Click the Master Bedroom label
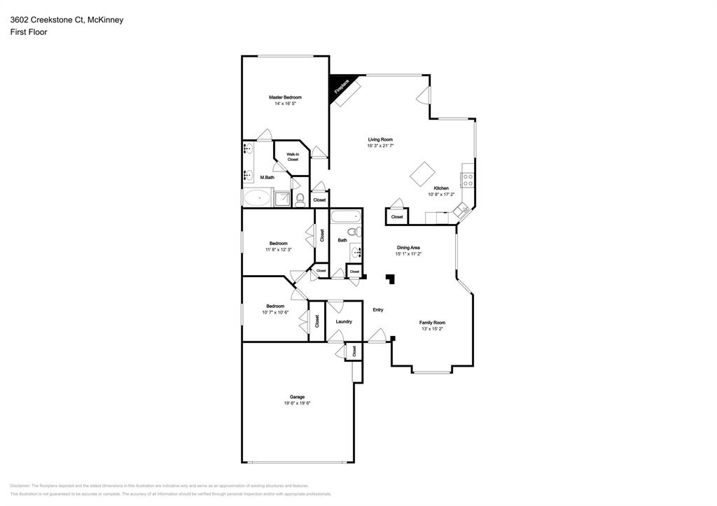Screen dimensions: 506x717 click(285, 97)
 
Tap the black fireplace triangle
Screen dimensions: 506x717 click(337, 85)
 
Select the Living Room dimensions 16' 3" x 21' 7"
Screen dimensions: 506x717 click(380, 146)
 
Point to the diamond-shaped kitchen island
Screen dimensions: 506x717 click(423, 174)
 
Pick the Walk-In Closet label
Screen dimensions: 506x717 click(293, 157)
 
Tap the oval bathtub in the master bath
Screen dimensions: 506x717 click(258, 198)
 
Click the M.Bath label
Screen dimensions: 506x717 click(267, 178)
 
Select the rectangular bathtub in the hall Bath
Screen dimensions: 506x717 click(344, 216)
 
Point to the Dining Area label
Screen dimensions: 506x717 click(408, 248)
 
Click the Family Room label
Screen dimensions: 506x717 click(432, 323)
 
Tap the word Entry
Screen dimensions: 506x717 click(378, 310)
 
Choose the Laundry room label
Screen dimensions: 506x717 click(343, 322)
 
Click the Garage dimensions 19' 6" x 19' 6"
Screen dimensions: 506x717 click(297, 403)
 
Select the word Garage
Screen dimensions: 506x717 click(297, 397)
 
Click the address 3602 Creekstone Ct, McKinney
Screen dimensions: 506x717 click(67, 20)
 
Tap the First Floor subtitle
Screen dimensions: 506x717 click(29, 32)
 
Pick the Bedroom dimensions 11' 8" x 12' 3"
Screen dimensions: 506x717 click(278, 249)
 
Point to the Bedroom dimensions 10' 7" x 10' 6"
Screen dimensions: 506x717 click(275, 312)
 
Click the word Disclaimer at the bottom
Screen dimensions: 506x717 click(20, 485)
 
